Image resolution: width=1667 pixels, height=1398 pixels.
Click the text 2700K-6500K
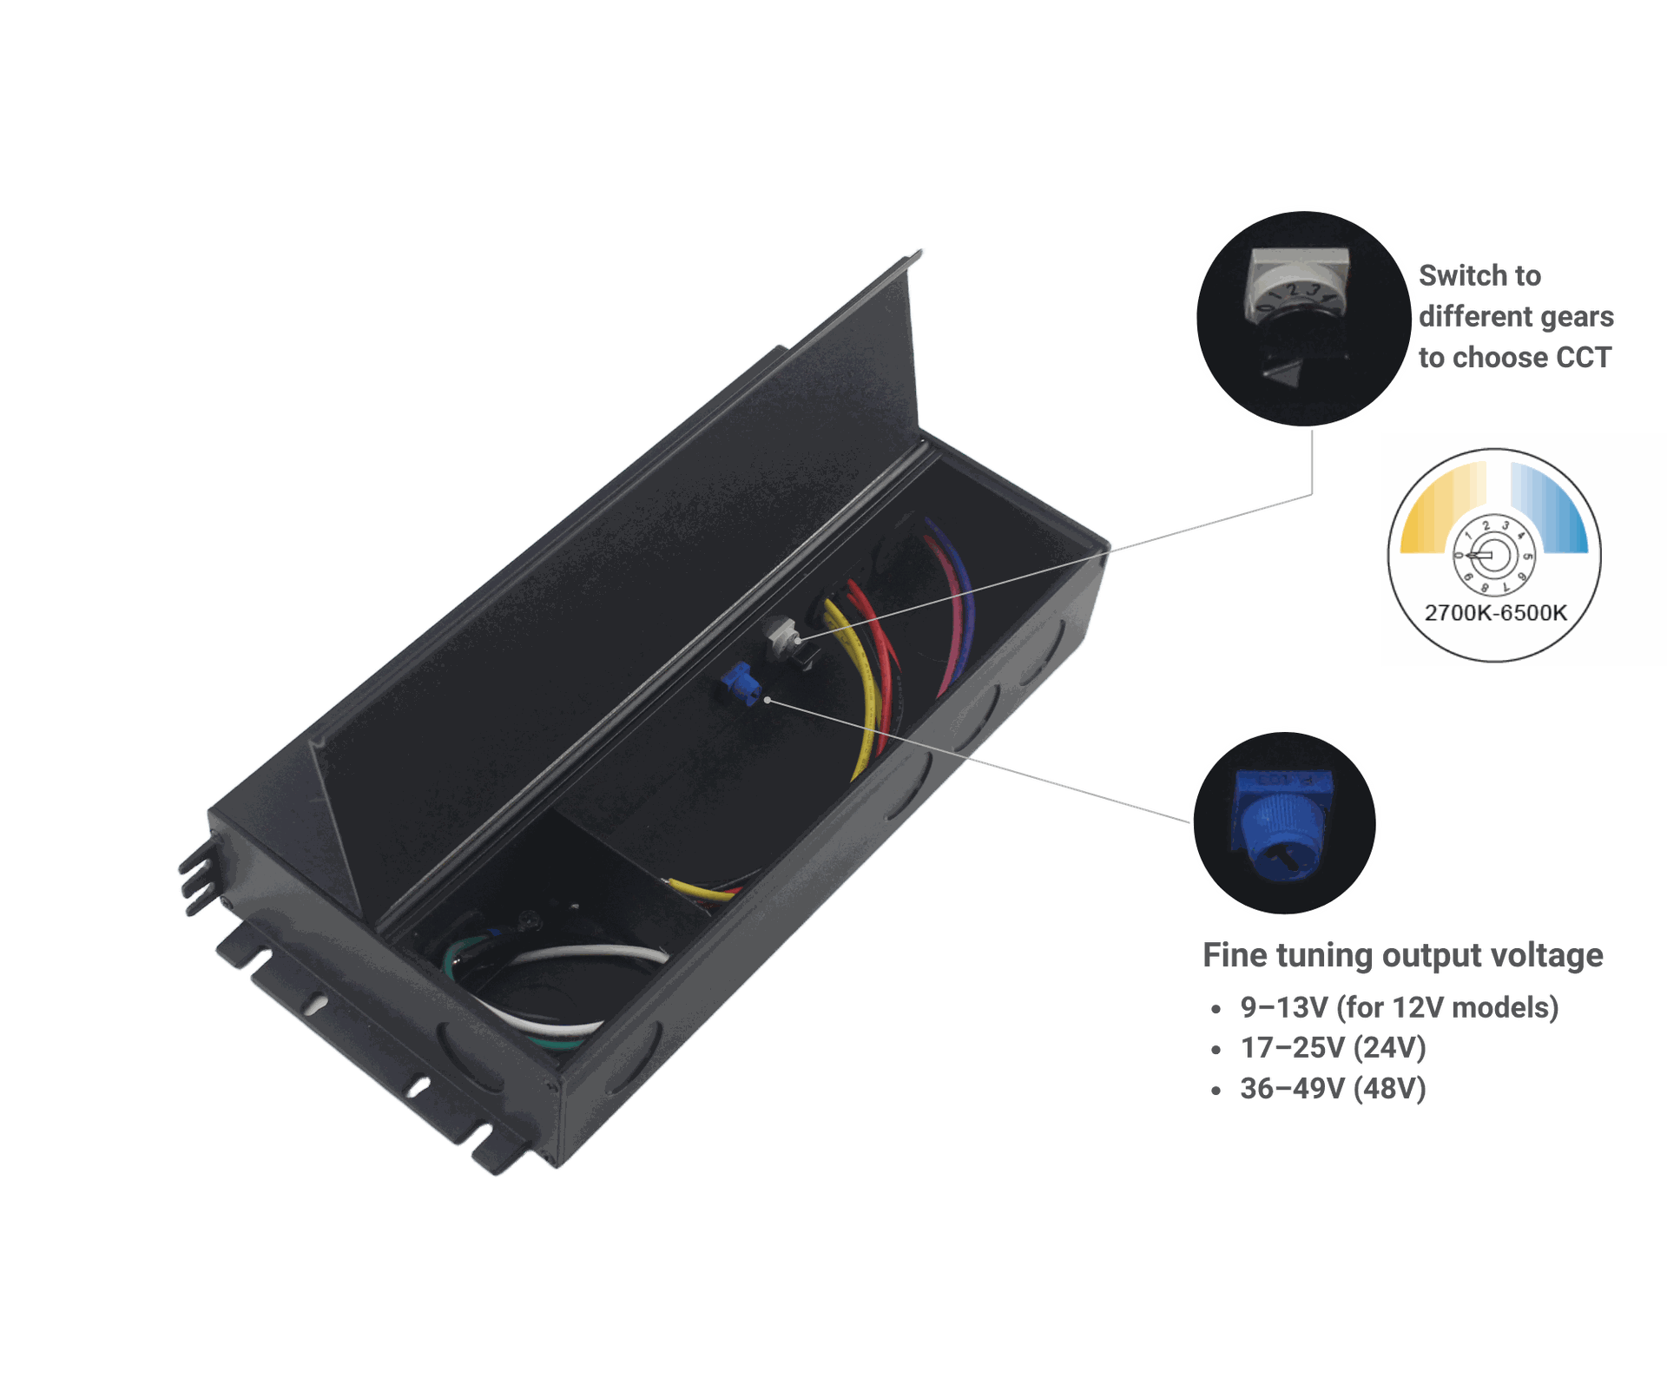click(1495, 613)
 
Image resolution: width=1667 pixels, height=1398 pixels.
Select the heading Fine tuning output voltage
click(1402, 955)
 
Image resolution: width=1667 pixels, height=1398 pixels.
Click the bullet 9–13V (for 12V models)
click(1399, 1007)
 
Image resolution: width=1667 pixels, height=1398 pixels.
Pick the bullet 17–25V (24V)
click(1333, 1048)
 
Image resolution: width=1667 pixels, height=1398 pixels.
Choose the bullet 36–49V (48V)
click(1333, 1089)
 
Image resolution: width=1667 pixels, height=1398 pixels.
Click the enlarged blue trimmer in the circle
click(1282, 825)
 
